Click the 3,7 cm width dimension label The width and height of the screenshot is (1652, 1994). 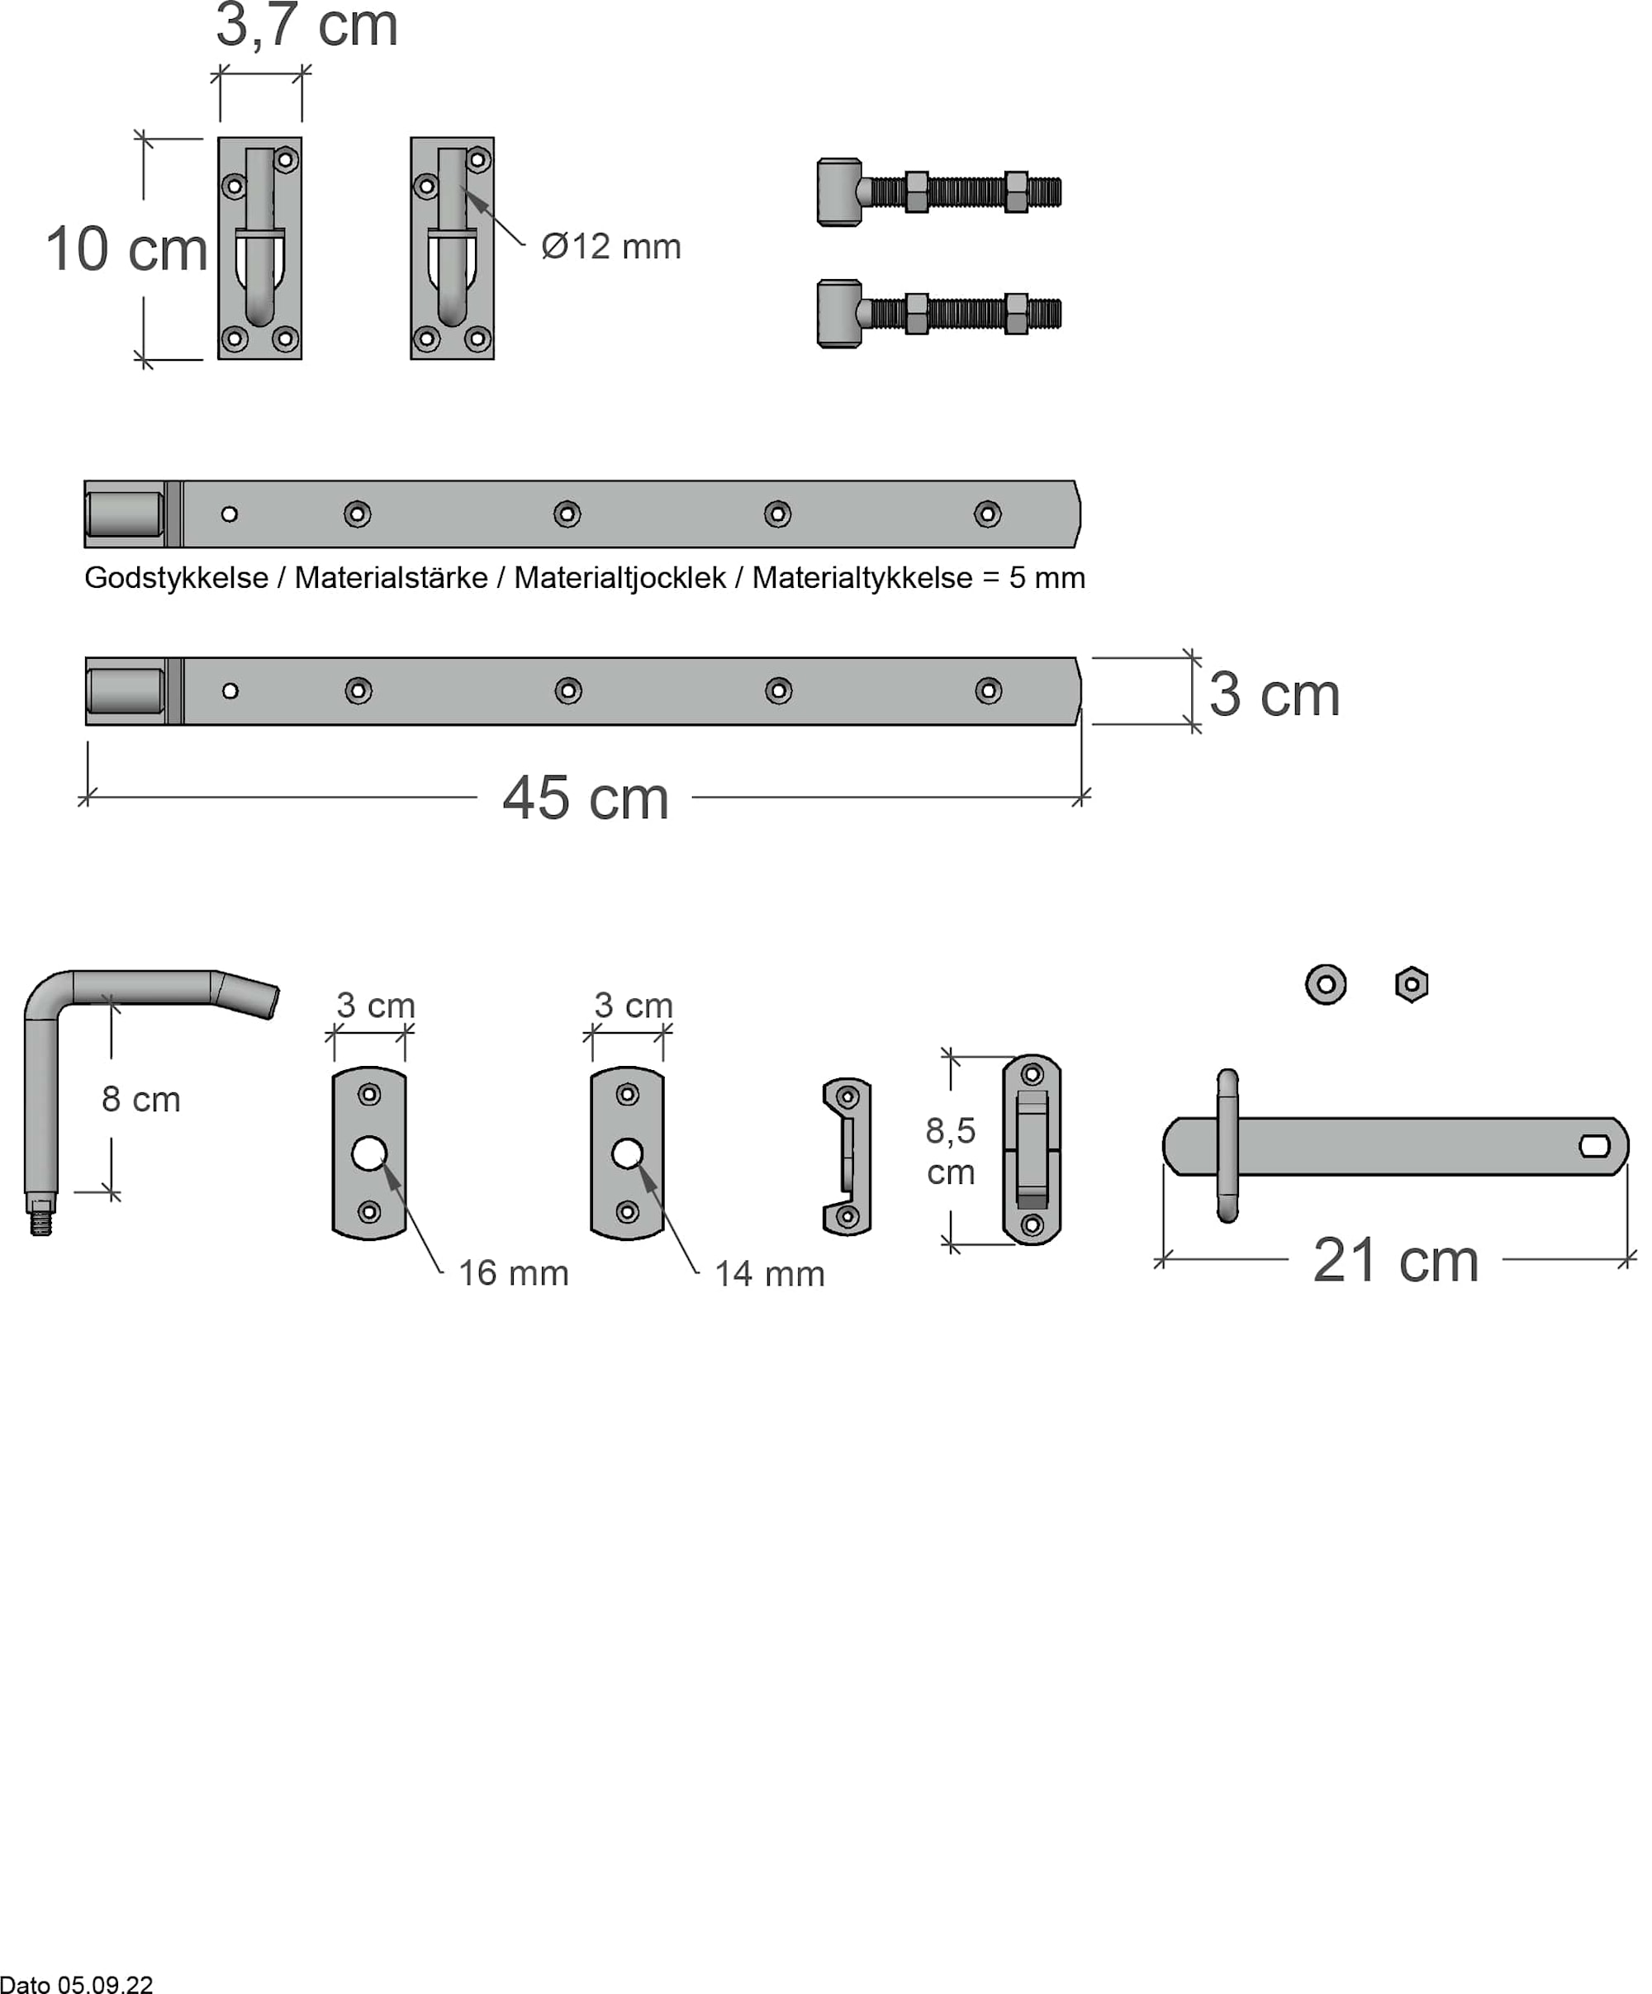(x=306, y=26)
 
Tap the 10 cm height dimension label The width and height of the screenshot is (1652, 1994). (x=126, y=249)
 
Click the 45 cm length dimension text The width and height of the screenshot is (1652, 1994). (x=585, y=798)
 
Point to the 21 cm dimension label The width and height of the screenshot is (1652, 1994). (x=1394, y=1261)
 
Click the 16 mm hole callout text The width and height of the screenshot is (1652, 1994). (x=513, y=1273)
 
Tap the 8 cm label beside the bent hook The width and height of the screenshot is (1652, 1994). (x=140, y=1100)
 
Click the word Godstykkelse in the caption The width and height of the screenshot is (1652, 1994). (x=176, y=577)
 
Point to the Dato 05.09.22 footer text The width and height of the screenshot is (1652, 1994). (x=76, y=1983)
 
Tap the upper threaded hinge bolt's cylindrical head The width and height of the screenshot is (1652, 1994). (x=840, y=192)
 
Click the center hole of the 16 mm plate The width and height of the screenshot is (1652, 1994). (x=368, y=1153)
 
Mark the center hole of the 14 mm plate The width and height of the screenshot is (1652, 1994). (x=627, y=1153)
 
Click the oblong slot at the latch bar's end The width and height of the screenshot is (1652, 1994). (x=1594, y=1146)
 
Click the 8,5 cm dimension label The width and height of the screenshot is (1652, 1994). (x=951, y=1151)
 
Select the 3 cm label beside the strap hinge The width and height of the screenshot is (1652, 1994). (x=1273, y=695)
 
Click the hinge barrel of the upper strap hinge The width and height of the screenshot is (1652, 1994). (x=125, y=514)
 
